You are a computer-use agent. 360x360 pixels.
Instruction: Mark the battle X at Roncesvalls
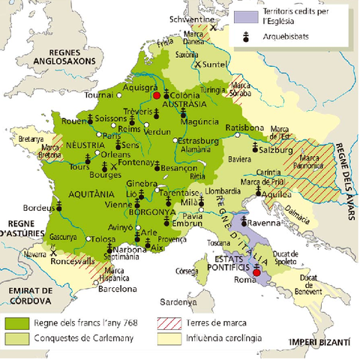(55, 253)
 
